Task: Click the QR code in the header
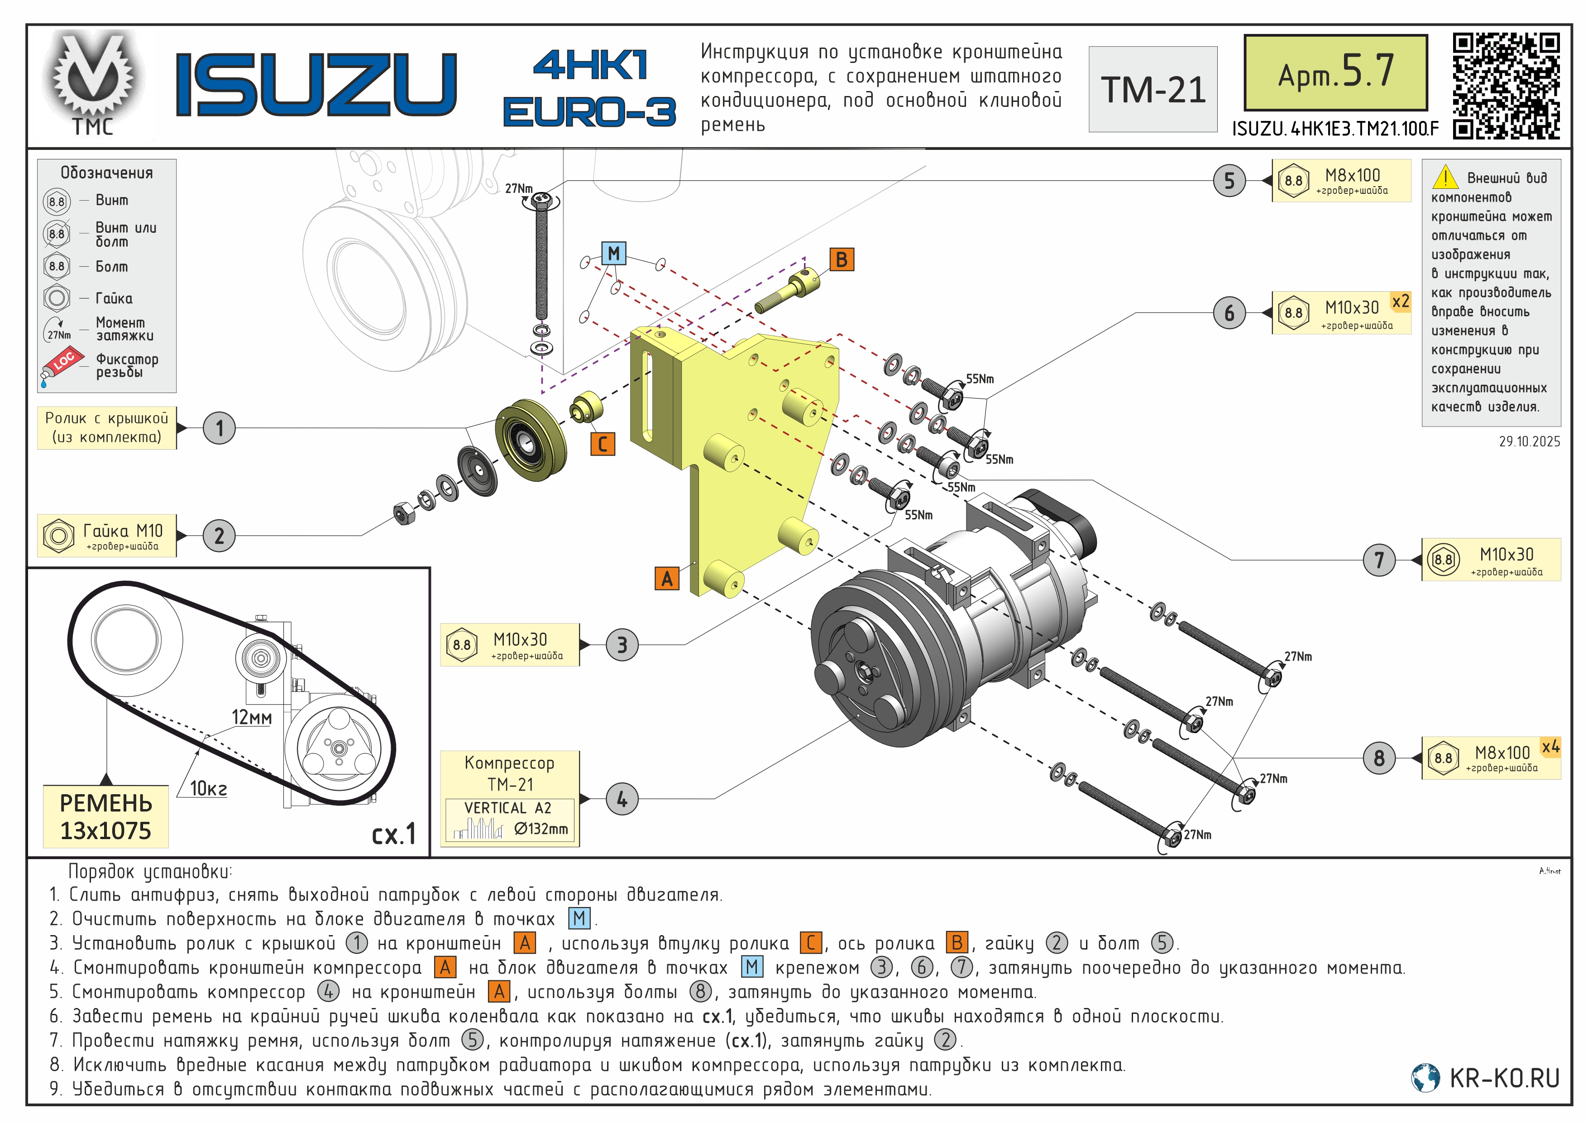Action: click(x=1506, y=86)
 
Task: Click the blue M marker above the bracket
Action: click(x=613, y=253)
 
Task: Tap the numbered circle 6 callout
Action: click(x=1229, y=313)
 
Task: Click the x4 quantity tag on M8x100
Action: click(x=1550, y=747)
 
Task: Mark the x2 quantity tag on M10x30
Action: click(x=1400, y=302)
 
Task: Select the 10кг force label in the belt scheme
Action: click(x=208, y=788)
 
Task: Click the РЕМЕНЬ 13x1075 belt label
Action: click(x=106, y=816)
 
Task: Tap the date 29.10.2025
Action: click(x=1529, y=442)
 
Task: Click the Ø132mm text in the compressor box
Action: click(x=541, y=828)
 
